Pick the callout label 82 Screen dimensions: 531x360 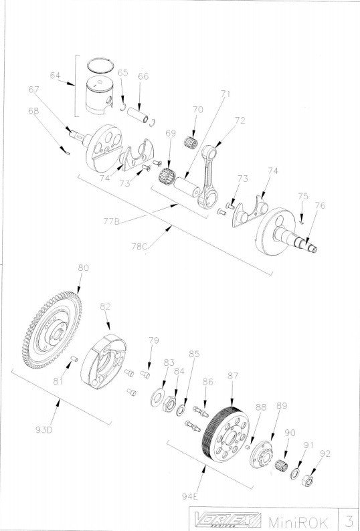[105, 306]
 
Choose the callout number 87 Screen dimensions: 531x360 [232, 377]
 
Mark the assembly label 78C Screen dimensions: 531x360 [139, 245]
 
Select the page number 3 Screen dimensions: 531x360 [349, 520]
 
